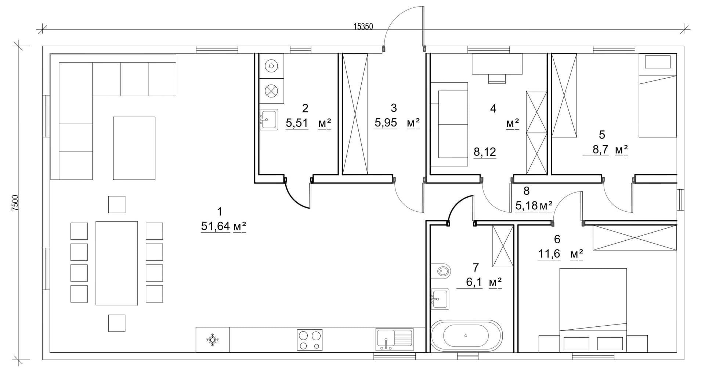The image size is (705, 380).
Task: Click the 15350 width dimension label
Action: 363,26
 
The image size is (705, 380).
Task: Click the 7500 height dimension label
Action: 15,203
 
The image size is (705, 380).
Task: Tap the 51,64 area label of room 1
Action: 215,226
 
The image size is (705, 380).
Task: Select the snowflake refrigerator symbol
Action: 212,340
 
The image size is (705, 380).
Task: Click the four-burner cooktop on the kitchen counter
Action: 310,340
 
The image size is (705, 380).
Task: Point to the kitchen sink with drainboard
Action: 394,339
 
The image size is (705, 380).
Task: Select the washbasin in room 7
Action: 440,299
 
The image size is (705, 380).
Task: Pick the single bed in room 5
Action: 658,96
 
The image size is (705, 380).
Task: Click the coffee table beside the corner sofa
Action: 134,148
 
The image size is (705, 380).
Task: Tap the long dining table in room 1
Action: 117,263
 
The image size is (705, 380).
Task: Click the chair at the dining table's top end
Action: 117,204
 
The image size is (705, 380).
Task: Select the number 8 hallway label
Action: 527,191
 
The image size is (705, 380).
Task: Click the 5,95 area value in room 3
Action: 386,122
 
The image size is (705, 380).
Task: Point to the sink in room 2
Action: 269,119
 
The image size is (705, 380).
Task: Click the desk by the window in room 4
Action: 497,64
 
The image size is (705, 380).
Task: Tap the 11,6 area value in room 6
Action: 549,254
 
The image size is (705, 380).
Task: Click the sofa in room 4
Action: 449,125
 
